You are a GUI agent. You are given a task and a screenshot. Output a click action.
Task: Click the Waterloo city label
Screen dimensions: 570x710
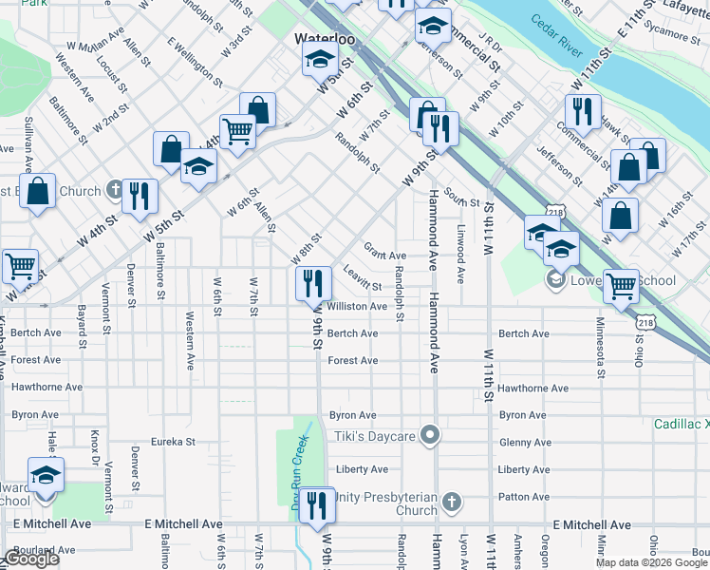coord(324,39)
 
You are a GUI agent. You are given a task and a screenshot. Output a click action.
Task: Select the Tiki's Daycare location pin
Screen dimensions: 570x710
coord(431,436)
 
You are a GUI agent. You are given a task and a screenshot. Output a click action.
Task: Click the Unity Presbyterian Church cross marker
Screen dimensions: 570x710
coord(452,501)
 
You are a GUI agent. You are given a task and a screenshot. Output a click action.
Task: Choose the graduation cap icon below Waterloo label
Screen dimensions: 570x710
coord(320,62)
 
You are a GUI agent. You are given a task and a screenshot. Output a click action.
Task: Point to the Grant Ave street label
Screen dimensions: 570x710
coord(384,256)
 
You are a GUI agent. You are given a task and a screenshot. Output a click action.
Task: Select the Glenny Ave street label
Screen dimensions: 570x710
coord(524,443)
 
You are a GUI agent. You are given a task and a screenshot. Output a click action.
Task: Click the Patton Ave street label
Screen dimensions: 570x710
coord(524,497)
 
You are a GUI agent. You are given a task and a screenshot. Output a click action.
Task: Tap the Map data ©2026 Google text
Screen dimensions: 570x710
coord(651,562)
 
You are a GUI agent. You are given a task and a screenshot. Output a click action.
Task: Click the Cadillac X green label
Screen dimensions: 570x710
coord(681,424)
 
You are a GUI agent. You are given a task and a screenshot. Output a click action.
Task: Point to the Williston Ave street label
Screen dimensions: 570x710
coord(357,307)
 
